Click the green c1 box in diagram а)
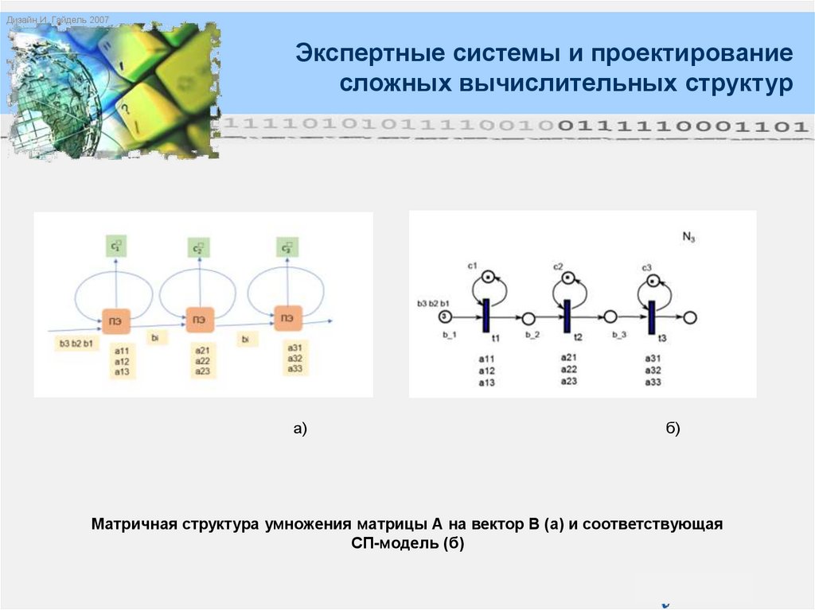point(116,247)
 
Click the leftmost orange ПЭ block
point(115,320)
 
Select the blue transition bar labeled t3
point(650,316)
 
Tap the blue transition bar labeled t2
point(567,316)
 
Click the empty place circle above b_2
point(528,318)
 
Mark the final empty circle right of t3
point(690,317)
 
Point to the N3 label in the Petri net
point(688,236)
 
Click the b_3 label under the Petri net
point(619,335)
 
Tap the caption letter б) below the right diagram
point(673,429)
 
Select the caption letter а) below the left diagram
point(299,429)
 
